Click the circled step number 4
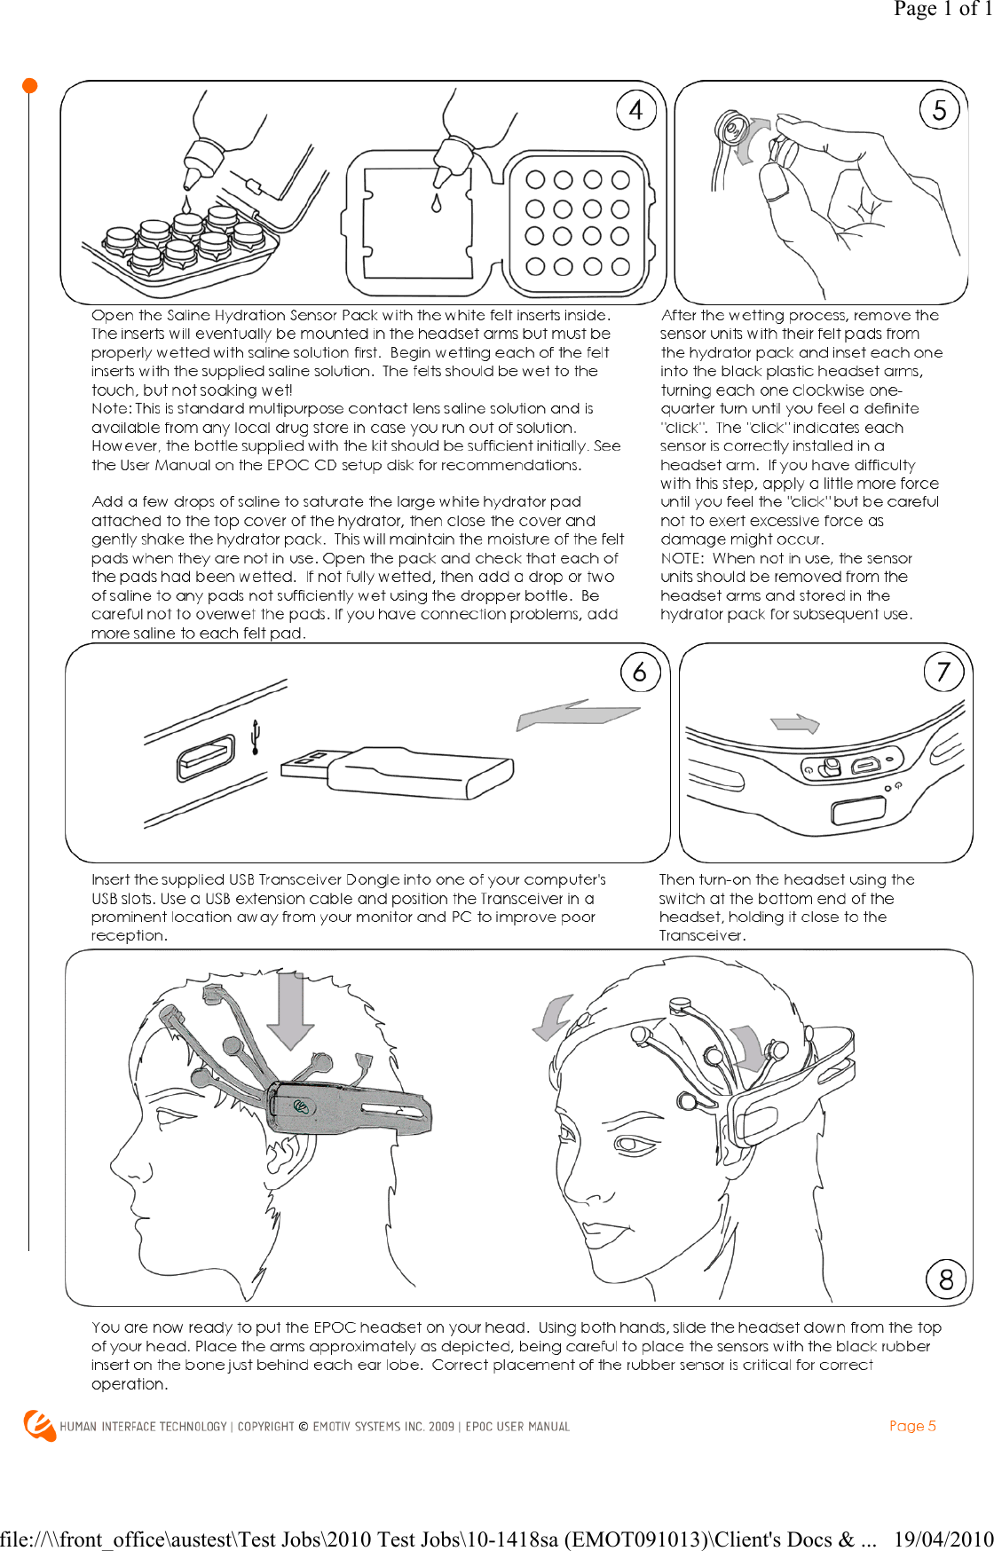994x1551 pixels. click(636, 110)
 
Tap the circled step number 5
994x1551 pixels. click(939, 110)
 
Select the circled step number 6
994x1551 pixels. click(640, 673)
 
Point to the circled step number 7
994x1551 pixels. click(943, 672)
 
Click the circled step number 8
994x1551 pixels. click(946, 1279)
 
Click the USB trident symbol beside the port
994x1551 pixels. click(256, 737)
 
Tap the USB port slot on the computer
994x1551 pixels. click(206, 759)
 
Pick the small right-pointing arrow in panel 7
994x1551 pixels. click(796, 723)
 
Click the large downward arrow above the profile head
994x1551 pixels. click(290, 1012)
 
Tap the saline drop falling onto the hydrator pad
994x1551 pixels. click(436, 203)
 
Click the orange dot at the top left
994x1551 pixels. click(29, 85)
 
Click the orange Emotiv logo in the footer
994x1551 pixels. click(38, 1425)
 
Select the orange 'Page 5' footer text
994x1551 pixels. click(912, 1426)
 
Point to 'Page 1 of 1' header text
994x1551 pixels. click(942, 9)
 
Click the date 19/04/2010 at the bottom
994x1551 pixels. click(943, 1539)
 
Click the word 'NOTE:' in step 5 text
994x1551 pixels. click(682, 558)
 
